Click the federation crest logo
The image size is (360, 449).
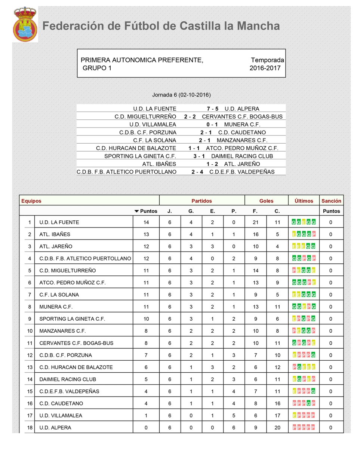pos(25,25)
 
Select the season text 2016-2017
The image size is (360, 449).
pos(265,68)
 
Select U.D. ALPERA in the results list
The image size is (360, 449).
pos(241,109)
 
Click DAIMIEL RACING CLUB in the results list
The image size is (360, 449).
pos(242,156)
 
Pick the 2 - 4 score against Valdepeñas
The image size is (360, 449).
pos(197,172)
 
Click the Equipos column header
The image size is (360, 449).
pos(31,201)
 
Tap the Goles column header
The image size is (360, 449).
pos(266,201)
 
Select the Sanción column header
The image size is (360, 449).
pos(331,201)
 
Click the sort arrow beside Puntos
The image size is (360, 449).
pos(137,211)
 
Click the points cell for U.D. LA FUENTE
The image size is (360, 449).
pos(146,222)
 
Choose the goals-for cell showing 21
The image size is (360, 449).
pos(255,222)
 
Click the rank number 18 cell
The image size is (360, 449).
pos(29,427)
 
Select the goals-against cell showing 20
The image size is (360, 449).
pos(277,427)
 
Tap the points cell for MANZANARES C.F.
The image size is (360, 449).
pos(146,331)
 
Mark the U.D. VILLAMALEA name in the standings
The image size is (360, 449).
pos(61,415)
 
